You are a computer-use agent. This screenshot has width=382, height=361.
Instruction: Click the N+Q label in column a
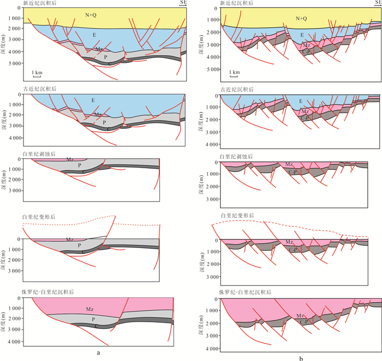pyautogui.click(x=91, y=15)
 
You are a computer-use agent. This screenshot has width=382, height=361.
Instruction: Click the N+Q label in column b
pyautogui.click(x=301, y=19)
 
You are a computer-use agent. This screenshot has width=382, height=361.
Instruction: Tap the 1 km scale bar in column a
pyautogui.click(x=37, y=76)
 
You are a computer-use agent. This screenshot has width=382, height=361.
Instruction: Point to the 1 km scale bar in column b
pyautogui.click(x=234, y=76)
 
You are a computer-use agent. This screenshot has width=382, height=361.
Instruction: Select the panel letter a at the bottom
pyautogui.click(x=98, y=352)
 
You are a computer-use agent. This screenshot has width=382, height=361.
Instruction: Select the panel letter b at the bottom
pyautogui.click(x=301, y=358)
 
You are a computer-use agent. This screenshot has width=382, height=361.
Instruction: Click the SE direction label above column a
pyautogui.click(x=183, y=2)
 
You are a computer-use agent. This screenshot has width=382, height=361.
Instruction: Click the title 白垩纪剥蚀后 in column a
pyautogui.click(x=39, y=154)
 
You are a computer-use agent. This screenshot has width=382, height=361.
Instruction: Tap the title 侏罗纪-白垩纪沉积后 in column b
pyautogui.click(x=245, y=292)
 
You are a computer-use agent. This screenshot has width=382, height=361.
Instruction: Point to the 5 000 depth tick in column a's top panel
pyautogui.click(x=15, y=63)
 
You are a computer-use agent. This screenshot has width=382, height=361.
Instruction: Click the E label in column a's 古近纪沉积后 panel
pyautogui.click(x=93, y=100)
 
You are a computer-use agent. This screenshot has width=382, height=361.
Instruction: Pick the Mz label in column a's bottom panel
pyautogui.click(x=89, y=309)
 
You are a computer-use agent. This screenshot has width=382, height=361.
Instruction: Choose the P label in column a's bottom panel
pyautogui.click(x=93, y=319)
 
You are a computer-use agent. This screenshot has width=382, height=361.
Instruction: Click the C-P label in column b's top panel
pyautogui.click(x=306, y=52)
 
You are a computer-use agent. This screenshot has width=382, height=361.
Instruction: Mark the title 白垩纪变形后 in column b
pyautogui.click(x=237, y=216)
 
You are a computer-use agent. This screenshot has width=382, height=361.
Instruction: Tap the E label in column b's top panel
pyautogui.click(x=302, y=35)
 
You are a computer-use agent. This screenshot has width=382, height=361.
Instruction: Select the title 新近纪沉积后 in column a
pyautogui.click(x=40, y=3)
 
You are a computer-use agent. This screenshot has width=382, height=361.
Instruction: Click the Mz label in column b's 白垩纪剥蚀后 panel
pyautogui.click(x=289, y=164)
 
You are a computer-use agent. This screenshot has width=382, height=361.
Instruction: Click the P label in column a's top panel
pyautogui.click(x=105, y=57)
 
